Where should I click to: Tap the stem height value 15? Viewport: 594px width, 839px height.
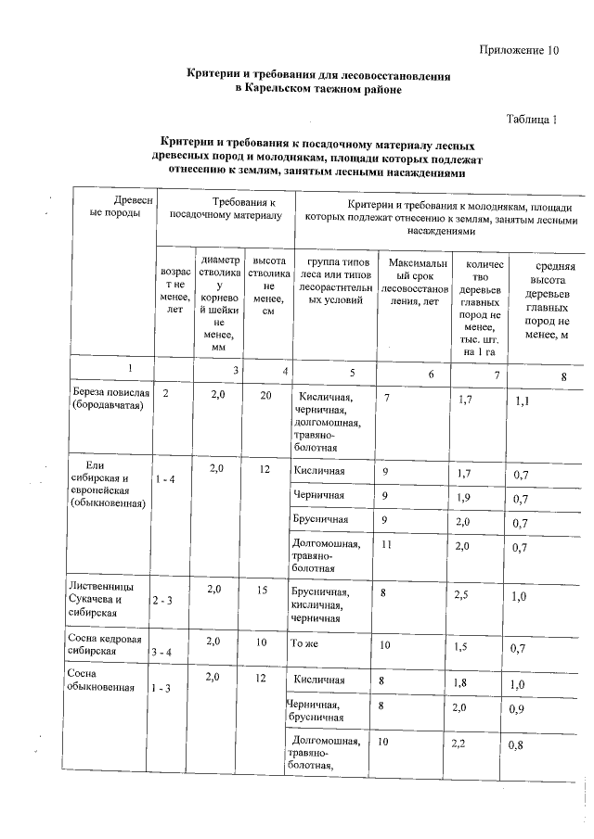(x=264, y=591)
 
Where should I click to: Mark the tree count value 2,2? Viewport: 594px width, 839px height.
(x=459, y=744)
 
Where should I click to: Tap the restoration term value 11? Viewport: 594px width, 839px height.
(x=388, y=545)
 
